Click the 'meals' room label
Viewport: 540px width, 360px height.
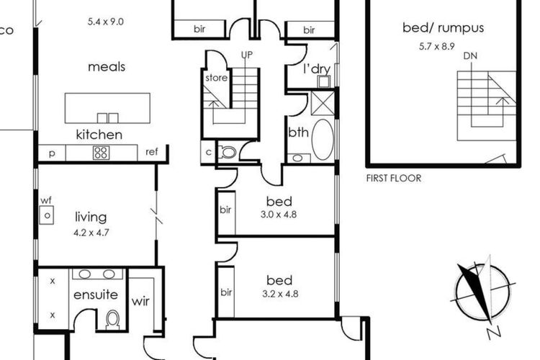(x=107, y=67)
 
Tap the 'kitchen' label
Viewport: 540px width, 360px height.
(x=99, y=135)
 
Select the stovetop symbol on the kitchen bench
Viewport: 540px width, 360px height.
(x=100, y=153)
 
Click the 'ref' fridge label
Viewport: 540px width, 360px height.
(x=151, y=152)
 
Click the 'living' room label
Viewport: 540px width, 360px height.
(x=91, y=217)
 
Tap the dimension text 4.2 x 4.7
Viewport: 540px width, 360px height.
(x=91, y=233)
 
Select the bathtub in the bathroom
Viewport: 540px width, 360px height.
(x=323, y=138)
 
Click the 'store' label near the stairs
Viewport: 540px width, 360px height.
(x=216, y=77)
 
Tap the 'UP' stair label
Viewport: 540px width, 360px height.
(x=246, y=55)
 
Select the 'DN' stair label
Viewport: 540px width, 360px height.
(x=469, y=55)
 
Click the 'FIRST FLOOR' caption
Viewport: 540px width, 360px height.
(x=393, y=178)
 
